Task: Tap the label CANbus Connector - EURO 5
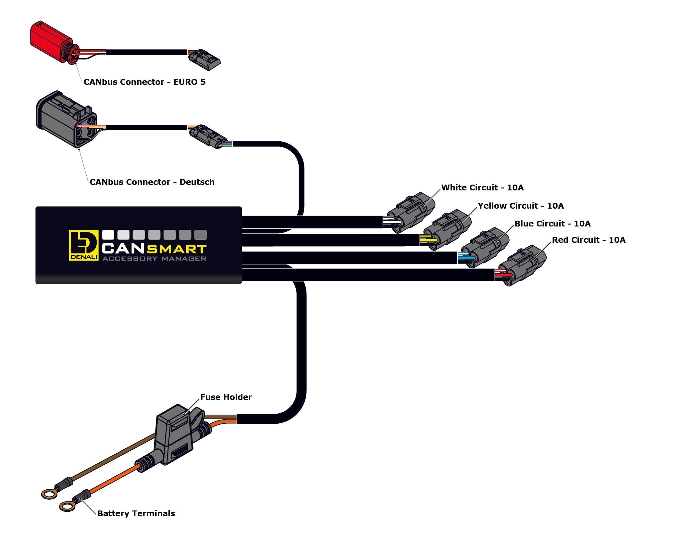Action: tap(144, 82)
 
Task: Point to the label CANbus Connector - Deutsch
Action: tap(152, 182)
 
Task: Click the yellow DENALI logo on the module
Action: tap(83, 245)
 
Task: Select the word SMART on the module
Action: tap(177, 249)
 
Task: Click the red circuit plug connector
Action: tap(524, 265)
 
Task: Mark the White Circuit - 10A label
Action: tap(482, 187)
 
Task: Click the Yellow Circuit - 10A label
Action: tap(521, 206)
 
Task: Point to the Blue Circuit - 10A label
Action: tap(552, 224)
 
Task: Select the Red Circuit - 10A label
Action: tap(588, 240)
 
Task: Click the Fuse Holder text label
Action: tap(226, 397)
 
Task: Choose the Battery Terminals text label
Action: tap(136, 513)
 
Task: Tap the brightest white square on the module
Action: tap(108, 235)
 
